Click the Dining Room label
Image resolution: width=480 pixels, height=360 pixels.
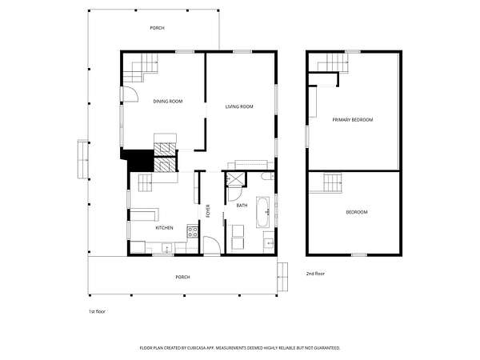click(168, 102)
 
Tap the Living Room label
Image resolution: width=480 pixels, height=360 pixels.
click(239, 106)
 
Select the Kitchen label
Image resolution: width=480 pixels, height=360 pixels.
click(164, 228)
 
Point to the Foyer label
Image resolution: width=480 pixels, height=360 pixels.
click(208, 211)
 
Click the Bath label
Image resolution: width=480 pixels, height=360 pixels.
click(242, 206)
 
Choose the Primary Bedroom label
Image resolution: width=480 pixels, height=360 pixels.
click(353, 120)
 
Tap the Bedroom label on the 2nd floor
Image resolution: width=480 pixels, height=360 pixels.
click(357, 212)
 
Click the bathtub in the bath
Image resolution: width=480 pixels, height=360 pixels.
click(263, 212)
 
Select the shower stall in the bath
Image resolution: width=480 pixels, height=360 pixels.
click(235, 179)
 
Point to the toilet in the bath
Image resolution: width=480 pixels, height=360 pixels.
click(268, 176)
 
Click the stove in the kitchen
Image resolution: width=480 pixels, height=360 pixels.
click(193, 232)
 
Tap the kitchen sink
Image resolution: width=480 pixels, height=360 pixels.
click(167, 247)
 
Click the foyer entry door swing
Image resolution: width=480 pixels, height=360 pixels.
click(212, 246)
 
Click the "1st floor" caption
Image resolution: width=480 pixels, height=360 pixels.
click(97, 312)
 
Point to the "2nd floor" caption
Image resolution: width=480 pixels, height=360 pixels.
click(315, 274)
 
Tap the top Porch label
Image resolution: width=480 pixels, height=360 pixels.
click(157, 28)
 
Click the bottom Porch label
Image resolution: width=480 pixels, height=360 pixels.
click(182, 277)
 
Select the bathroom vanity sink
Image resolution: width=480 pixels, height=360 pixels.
click(270, 242)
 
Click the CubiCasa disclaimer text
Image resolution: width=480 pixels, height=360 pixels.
click(240, 348)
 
